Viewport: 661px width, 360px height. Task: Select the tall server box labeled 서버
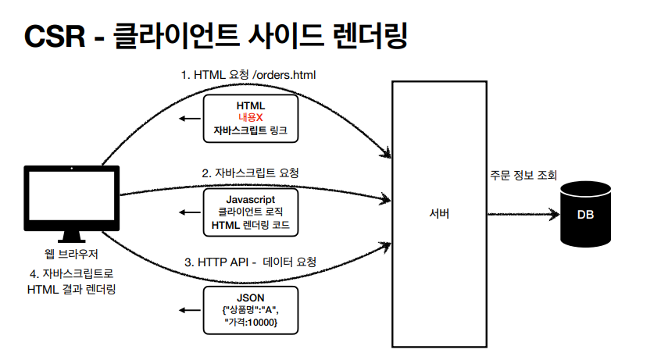click(439, 214)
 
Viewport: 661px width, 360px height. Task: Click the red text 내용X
click(250, 117)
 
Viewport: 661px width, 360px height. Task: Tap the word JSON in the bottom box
click(250, 298)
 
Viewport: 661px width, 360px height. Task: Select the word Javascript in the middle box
click(250, 200)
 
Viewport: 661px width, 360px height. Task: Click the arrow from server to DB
click(523, 213)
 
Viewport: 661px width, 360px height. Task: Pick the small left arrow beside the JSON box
click(187, 309)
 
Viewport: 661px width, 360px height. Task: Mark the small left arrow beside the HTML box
click(187, 118)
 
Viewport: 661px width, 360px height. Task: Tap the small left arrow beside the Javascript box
click(187, 212)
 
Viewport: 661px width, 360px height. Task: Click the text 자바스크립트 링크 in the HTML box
click(250, 130)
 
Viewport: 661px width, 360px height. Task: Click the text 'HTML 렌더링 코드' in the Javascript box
click(250, 226)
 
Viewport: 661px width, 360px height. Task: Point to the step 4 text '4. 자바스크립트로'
click(72, 275)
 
